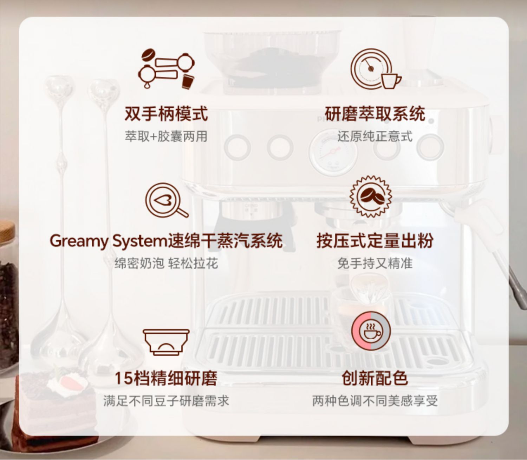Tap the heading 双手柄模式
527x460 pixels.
(x=166, y=113)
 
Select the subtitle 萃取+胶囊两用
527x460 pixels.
(x=166, y=136)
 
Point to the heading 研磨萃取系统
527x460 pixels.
(x=375, y=113)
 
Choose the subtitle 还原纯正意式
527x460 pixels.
(x=375, y=136)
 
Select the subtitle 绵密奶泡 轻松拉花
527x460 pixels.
(x=166, y=263)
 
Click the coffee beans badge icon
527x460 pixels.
(x=371, y=197)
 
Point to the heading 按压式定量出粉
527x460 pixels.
(x=375, y=241)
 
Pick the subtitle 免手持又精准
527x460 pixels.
(x=375, y=263)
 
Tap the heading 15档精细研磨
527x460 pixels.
(x=166, y=378)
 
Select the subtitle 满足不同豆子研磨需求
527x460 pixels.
(x=166, y=401)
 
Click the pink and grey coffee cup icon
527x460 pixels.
(x=371, y=332)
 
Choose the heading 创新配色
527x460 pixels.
(x=375, y=378)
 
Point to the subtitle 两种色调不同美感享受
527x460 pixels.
(x=375, y=401)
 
